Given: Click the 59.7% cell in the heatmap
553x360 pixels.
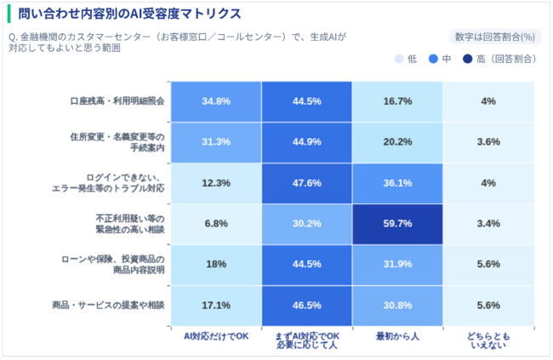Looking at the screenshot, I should [x=398, y=224].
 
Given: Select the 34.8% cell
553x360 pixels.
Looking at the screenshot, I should [x=216, y=101].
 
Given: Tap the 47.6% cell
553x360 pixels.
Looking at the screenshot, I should [x=307, y=183].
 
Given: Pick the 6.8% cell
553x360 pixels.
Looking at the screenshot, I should [x=216, y=224].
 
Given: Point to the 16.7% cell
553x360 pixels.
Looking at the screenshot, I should [x=398, y=101].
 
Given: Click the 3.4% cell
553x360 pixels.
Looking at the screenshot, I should [x=488, y=224].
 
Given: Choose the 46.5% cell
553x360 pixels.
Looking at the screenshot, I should [x=307, y=305].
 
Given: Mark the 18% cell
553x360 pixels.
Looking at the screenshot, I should [x=216, y=264].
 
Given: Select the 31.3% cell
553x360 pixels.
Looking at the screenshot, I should [x=216, y=142].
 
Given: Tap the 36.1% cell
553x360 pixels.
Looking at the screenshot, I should [x=398, y=183].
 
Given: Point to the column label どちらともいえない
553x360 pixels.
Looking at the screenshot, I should [x=488, y=340].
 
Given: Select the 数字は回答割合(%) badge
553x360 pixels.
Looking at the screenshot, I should [x=495, y=37].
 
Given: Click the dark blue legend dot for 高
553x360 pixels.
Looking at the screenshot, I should [x=468, y=59].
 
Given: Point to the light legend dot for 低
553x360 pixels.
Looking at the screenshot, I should [x=399, y=59].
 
